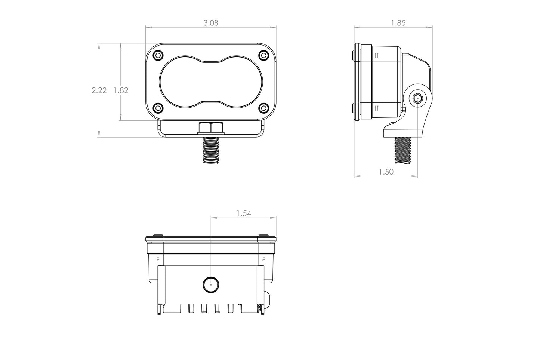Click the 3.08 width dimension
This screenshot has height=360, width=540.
point(211,23)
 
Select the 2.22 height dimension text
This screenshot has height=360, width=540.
point(99,90)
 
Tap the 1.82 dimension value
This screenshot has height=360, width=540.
point(121,90)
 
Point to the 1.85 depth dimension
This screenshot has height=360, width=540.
point(398,23)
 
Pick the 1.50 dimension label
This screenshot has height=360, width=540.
point(386,172)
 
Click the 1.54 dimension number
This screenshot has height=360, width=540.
point(244,213)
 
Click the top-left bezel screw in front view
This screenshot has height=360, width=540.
point(158,55)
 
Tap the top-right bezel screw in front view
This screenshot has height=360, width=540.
point(263,55)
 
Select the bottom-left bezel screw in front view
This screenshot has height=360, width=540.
point(158,108)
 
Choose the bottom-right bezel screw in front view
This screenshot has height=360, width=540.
point(263,108)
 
